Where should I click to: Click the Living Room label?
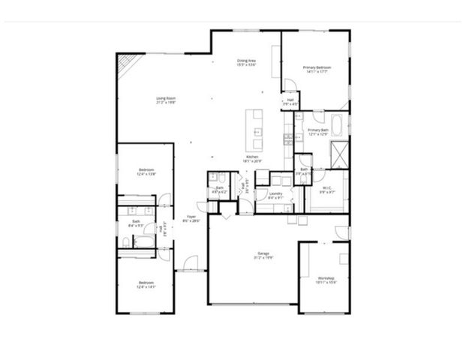[x=166, y=100]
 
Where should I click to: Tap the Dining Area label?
[x=247, y=63]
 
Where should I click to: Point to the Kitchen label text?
[x=251, y=158]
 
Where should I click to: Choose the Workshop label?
[x=325, y=279]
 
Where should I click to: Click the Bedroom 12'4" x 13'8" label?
[x=146, y=172]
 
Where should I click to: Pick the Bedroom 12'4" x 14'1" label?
[x=146, y=284]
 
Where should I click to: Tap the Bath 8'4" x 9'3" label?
[x=137, y=223]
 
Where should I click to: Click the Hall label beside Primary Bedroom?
[x=290, y=101]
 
